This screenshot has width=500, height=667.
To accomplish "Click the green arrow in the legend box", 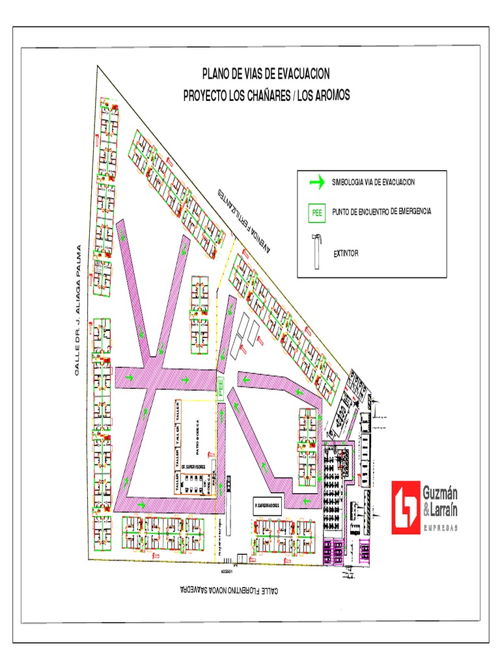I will (316, 183).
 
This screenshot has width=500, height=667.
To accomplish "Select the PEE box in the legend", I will (317, 212).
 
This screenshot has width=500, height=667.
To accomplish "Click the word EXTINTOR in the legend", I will (346, 253).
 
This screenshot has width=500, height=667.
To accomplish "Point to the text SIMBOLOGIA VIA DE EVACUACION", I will (373, 182).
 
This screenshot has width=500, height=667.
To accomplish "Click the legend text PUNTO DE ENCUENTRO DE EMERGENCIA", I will (381, 212).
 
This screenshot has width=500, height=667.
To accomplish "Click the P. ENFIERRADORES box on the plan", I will (266, 505).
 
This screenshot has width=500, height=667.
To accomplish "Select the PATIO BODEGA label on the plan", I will (195, 436).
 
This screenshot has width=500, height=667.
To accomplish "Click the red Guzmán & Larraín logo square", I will (406, 507).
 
